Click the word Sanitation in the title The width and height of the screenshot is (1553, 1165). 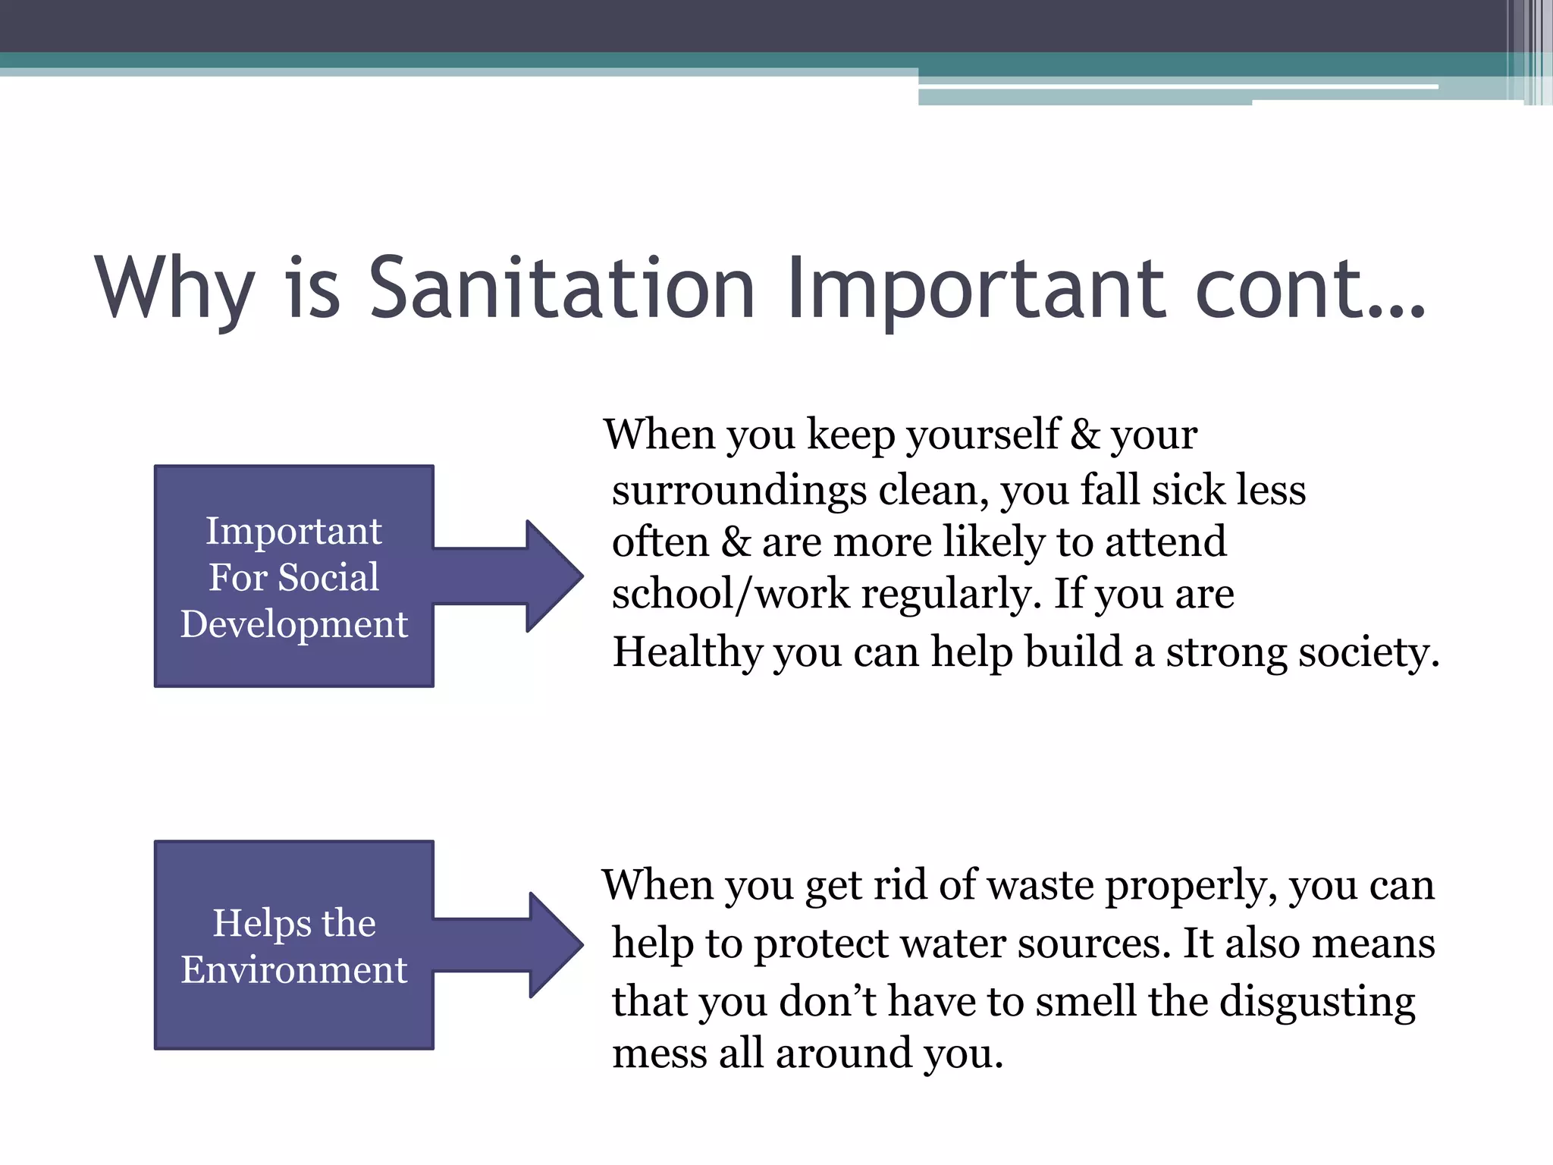pyautogui.click(x=561, y=288)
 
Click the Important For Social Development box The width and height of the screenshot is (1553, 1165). pyautogui.click(x=294, y=576)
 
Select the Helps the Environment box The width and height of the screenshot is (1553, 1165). pyautogui.click(x=294, y=945)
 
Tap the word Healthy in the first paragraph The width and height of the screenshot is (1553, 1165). pyautogui.click(x=687, y=652)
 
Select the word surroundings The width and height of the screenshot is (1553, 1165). pyautogui.click(x=739, y=491)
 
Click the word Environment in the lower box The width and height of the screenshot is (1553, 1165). pyautogui.click(x=294, y=969)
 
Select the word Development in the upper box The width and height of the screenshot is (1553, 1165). pyautogui.click(x=294, y=624)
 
